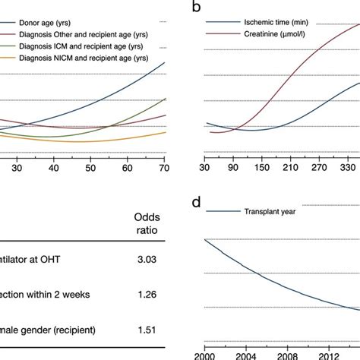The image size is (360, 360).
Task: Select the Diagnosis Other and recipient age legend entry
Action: [76, 34]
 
